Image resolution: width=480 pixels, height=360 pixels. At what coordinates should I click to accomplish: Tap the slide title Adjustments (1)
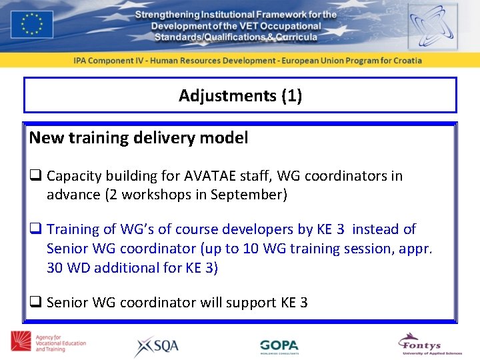240,95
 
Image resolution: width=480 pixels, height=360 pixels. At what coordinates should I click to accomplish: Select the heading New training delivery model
139,138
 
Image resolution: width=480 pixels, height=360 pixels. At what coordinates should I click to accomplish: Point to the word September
248,195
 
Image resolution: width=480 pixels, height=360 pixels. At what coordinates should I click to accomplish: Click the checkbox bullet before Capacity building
35,177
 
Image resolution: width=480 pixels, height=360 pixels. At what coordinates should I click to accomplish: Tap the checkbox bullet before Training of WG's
35,230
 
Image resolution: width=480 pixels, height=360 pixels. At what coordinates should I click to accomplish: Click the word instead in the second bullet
375,229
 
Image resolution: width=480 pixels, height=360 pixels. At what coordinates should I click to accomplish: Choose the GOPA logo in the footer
279,346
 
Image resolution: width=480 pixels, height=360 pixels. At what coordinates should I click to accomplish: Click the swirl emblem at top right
433,26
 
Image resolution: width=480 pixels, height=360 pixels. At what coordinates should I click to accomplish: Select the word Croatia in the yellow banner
403,60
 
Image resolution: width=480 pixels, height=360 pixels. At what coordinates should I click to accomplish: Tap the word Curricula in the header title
296,37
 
